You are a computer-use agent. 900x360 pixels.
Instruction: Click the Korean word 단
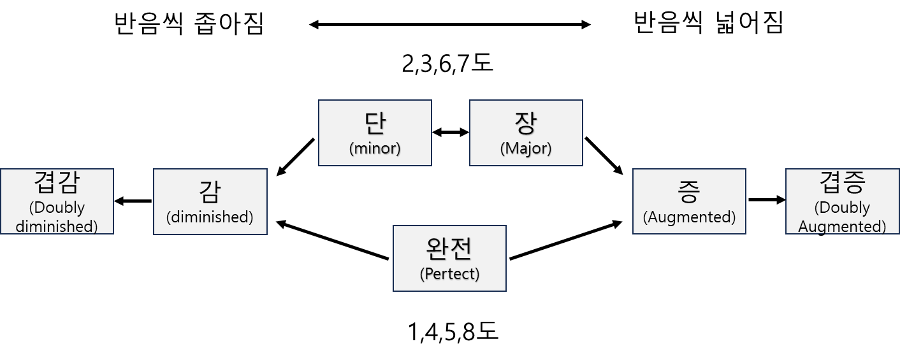375,123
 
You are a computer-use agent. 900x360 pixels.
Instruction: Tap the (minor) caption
375,148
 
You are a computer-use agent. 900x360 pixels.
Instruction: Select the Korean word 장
526,123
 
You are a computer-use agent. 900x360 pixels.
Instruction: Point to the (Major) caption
526,148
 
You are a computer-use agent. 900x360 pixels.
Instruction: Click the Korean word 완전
449,248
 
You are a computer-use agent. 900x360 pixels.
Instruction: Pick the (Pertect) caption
449,274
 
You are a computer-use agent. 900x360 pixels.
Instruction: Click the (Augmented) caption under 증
689,217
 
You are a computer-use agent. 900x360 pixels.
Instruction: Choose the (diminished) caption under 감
210,217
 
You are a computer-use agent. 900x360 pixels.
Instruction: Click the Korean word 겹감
56,183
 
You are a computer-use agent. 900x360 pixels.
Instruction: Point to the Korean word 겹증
842,183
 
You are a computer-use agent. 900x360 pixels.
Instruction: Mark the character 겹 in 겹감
45,183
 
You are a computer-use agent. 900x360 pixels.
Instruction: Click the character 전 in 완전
461,248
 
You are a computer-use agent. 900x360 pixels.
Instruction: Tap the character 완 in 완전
438,248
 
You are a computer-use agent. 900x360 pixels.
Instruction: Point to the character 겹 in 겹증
831,183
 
